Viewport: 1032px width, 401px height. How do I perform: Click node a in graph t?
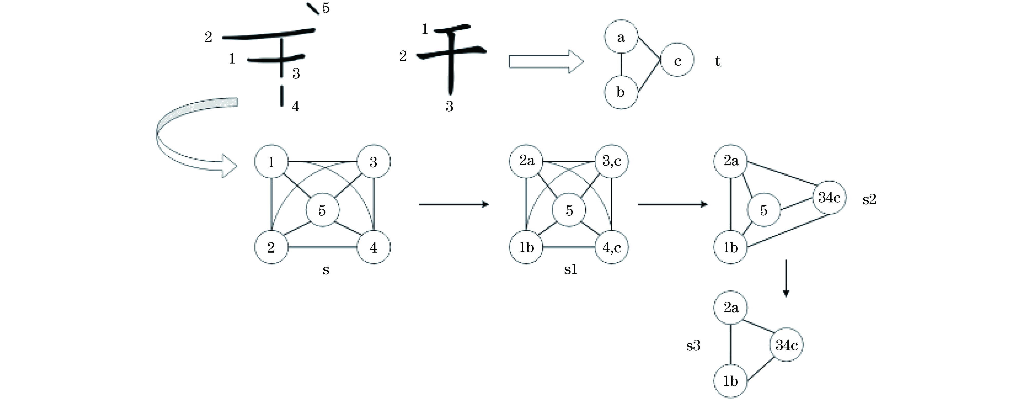click(621, 37)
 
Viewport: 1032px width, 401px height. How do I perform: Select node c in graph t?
click(677, 60)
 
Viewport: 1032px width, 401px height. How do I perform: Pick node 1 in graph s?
click(271, 162)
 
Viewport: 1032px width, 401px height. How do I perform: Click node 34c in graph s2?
click(829, 197)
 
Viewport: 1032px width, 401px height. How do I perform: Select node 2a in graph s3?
click(731, 308)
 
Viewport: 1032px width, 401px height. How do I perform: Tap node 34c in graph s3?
click(786, 345)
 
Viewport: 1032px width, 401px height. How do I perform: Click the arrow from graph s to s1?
click(454, 204)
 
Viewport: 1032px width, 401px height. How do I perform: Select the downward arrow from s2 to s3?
click(786, 278)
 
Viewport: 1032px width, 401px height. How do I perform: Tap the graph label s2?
click(869, 199)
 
